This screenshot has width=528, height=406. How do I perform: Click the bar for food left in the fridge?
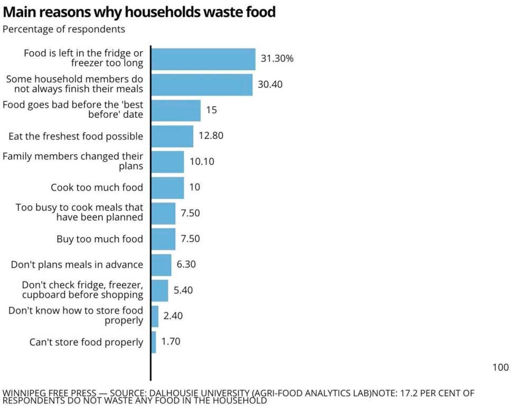[203, 59]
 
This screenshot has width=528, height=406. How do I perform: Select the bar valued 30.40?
[202, 84]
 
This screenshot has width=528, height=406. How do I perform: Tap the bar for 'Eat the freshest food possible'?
[172, 136]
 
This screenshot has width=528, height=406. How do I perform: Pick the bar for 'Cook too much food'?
[167, 187]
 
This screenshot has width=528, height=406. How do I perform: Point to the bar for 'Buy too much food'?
[163, 239]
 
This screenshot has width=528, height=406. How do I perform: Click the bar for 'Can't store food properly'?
[154, 342]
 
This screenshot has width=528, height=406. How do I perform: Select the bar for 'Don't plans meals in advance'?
[161, 265]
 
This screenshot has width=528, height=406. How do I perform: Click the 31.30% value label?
[277, 59]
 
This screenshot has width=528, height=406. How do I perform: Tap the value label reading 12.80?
[211, 136]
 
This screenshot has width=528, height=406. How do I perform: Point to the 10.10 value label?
[202, 162]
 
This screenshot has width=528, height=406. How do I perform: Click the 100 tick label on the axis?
[501, 367]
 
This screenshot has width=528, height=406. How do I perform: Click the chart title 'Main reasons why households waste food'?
[139, 12]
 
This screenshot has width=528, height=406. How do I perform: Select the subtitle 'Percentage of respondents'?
[64, 29]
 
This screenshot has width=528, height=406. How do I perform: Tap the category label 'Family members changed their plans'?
[73, 161]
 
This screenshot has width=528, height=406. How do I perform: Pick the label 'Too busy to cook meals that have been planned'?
[79, 212]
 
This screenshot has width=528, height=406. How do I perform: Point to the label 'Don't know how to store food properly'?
[76, 315]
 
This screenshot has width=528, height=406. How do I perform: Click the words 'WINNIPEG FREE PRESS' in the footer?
[49, 393]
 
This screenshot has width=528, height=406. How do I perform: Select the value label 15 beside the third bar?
[211, 110]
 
